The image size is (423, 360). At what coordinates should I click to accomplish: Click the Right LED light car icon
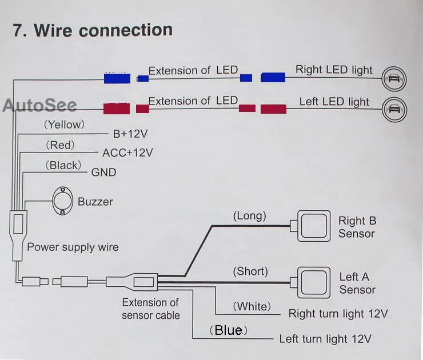click(394, 79)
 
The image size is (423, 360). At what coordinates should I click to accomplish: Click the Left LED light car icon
click(394, 110)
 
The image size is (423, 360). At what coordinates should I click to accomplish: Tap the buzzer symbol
click(62, 201)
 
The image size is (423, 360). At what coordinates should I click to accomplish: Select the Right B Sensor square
click(314, 226)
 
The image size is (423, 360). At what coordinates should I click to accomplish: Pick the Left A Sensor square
click(314, 283)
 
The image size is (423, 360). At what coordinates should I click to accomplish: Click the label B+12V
click(130, 134)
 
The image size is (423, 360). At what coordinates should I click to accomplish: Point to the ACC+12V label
click(127, 153)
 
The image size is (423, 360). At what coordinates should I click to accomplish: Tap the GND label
click(103, 173)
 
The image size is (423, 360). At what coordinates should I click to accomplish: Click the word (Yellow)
click(64, 125)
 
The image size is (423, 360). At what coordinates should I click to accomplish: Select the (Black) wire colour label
click(63, 165)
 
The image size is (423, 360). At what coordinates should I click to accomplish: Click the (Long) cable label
click(250, 216)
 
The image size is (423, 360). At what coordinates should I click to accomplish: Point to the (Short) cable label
click(250, 271)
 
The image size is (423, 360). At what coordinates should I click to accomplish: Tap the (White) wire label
click(252, 307)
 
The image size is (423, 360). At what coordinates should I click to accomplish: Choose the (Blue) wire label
click(228, 330)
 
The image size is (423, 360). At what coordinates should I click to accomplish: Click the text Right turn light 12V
click(338, 314)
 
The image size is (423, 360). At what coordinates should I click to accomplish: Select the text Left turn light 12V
click(325, 339)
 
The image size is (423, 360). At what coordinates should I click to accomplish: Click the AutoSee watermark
click(40, 105)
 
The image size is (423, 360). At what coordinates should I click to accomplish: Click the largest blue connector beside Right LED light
click(273, 77)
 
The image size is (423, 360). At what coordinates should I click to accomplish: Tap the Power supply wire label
click(73, 247)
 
